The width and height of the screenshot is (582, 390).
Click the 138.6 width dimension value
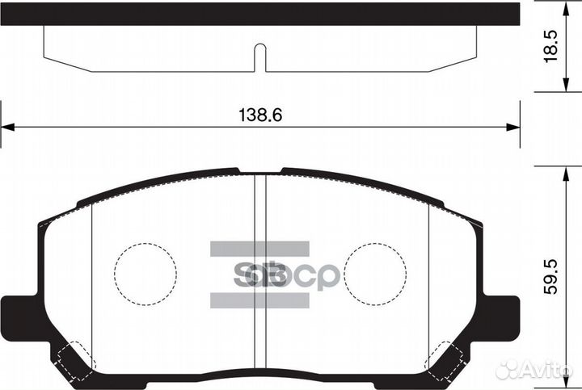click(x=259, y=116)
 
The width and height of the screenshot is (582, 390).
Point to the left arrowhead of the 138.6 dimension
click(x=6, y=127)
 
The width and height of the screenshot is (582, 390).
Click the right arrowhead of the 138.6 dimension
click(x=512, y=127)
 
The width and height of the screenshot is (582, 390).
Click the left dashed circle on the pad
click(x=145, y=275)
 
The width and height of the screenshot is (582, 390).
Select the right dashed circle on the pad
click(x=375, y=275)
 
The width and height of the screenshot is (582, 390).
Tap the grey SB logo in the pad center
click(x=259, y=275)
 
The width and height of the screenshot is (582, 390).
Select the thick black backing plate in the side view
click(x=259, y=13)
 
